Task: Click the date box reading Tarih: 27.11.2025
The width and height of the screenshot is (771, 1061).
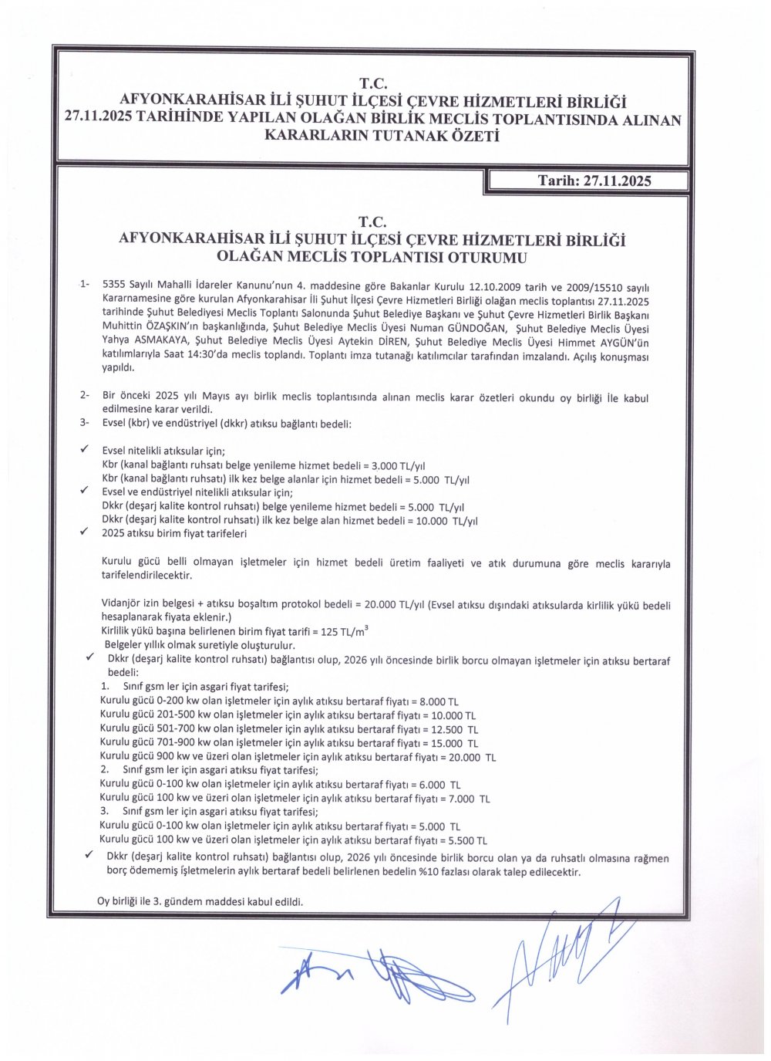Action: tap(594, 181)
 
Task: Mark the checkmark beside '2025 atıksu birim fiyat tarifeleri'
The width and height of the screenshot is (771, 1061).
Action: tap(85, 532)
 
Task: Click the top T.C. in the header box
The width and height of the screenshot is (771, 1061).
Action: tap(372, 83)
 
